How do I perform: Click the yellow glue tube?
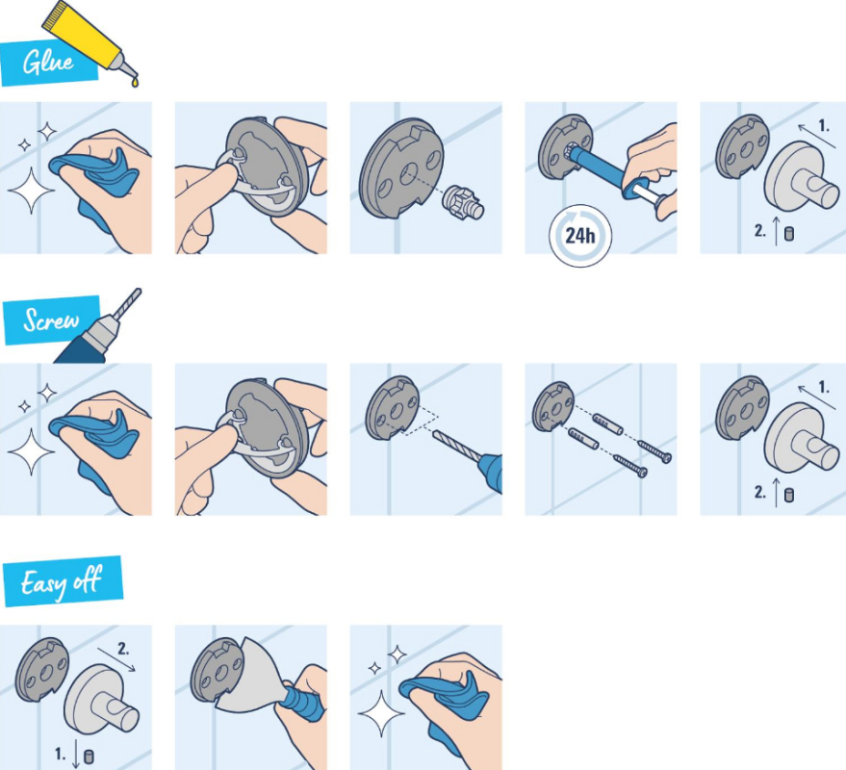click(89, 39)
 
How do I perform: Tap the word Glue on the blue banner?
click(48, 62)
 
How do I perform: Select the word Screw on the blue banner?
click(51, 320)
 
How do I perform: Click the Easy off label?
click(62, 581)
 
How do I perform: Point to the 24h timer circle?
click(580, 236)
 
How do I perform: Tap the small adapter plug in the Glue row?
click(463, 202)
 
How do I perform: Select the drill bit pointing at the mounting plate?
click(456, 446)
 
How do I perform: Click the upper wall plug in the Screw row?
click(608, 424)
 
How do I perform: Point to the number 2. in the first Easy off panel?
click(123, 649)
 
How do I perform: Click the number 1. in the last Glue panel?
click(824, 126)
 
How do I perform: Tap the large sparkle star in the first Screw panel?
click(32, 452)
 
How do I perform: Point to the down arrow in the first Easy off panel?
click(75, 754)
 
